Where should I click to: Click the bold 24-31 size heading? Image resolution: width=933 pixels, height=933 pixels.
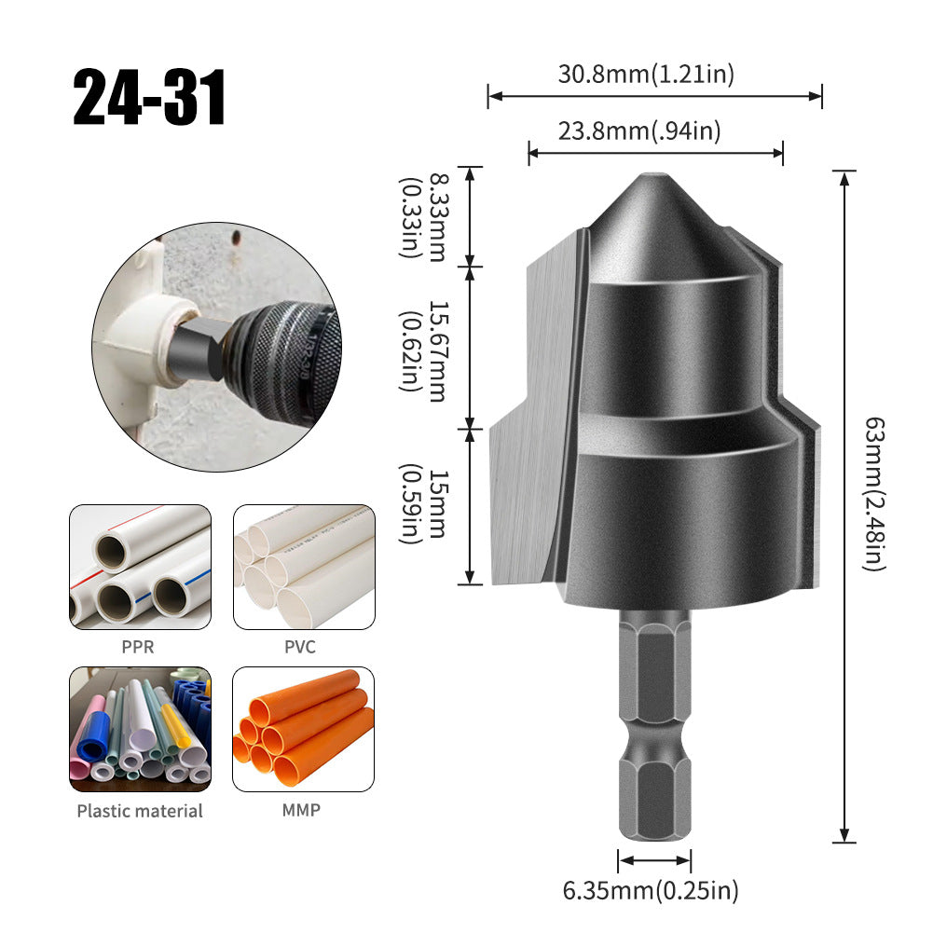pyautogui.click(x=149, y=97)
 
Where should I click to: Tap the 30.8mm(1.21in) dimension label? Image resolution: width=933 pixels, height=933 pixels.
pyautogui.click(x=646, y=74)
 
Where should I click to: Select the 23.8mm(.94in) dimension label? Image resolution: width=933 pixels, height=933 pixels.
pyautogui.click(x=639, y=130)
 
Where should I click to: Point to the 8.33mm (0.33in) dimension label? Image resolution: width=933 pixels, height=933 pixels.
pyautogui.click(x=422, y=217)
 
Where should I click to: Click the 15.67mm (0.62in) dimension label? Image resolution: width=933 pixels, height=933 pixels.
pyautogui.click(x=422, y=351)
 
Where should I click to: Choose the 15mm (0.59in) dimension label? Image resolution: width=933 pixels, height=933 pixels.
pyautogui.click(x=422, y=504)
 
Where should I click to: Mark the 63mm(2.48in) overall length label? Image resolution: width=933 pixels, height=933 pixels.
pyautogui.click(x=874, y=494)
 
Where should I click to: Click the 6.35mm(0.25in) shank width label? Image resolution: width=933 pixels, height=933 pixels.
pyautogui.click(x=651, y=891)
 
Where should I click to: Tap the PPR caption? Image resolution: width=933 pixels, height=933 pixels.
pyautogui.click(x=137, y=647)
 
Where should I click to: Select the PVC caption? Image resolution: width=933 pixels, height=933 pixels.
pyautogui.click(x=300, y=647)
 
